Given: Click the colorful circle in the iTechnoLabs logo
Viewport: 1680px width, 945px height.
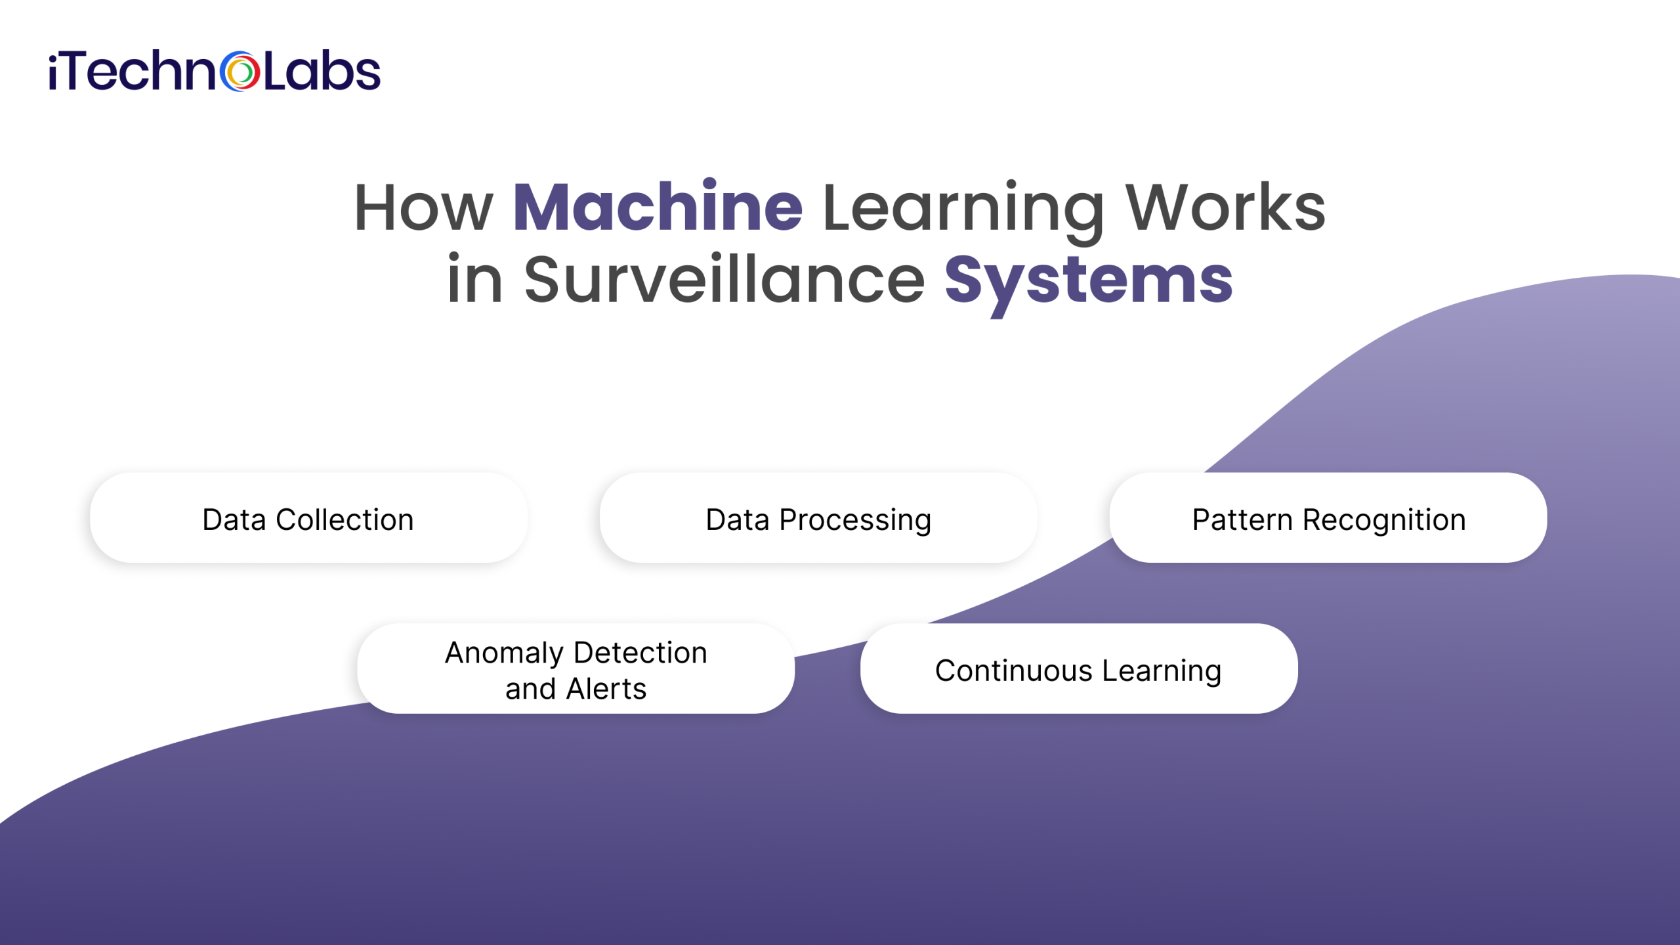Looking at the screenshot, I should pyautogui.click(x=240, y=72).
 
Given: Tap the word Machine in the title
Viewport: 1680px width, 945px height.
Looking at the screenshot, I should pyautogui.click(x=658, y=208).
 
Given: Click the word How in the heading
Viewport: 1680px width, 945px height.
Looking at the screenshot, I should pyautogui.click(x=423, y=208).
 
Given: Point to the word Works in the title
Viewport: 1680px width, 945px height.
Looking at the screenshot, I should pyautogui.click(x=1225, y=208).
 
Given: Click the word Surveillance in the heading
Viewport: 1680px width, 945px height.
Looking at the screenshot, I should pyautogui.click(x=724, y=280).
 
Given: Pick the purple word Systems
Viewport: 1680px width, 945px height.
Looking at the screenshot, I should pyautogui.click(x=1089, y=280).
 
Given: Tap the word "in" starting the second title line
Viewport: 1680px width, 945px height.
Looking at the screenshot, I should pyautogui.click(x=474, y=280).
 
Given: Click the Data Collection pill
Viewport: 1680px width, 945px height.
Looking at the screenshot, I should pyautogui.click(x=308, y=517).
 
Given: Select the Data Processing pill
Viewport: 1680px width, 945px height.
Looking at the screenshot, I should pyautogui.click(x=818, y=517).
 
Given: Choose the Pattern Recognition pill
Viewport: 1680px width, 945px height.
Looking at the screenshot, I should pyautogui.click(x=1328, y=517).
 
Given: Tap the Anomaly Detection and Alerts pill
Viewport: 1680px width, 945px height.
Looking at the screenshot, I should pyautogui.click(x=576, y=669).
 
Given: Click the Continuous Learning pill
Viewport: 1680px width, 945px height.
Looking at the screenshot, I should pyautogui.click(x=1078, y=669).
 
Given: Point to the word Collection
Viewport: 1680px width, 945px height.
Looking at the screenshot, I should pyautogui.click(x=345, y=520).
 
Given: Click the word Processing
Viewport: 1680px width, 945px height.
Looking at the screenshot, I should pyautogui.click(x=855, y=521).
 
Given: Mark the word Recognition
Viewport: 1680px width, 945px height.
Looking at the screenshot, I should pyautogui.click(x=1384, y=521).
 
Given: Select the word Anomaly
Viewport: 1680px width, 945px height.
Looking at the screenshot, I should pyautogui.click(x=504, y=653).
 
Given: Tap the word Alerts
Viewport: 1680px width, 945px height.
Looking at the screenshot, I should pyautogui.click(x=606, y=690).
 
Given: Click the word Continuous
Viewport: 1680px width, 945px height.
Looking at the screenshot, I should pyautogui.click(x=1013, y=671).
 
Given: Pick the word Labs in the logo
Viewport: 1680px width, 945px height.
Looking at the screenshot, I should pyautogui.click(x=322, y=72).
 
